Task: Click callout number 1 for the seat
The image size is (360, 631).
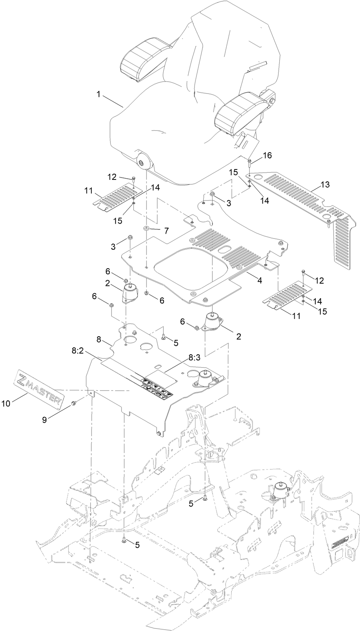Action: [x=98, y=94]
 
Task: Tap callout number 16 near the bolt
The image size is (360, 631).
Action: [x=267, y=155]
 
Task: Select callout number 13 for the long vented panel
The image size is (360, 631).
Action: [x=325, y=185]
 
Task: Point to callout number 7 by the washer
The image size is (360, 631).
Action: [x=166, y=231]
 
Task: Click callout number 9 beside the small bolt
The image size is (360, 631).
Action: [x=45, y=420]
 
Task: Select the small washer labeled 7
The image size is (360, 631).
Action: [x=146, y=229]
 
